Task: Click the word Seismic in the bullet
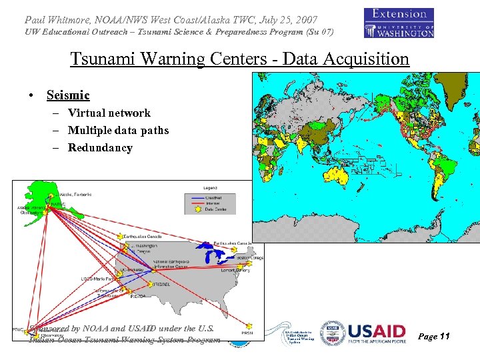pyautogui.click(x=68, y=96)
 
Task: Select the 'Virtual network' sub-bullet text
pyautogui.click(x=109, y=113)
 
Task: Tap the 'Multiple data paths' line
pyautogui.click(x=118, y=131)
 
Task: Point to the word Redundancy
pyautogui.click(x=100, y=148)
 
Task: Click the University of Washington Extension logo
pyautogui.click(x=399, y=23)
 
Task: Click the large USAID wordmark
pyautogui.click(x=377, y=332)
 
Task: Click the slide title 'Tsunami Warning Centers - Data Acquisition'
pyautogui.click(x=239, y=59)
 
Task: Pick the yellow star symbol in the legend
pyautogui.click(x=195, y=209)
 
